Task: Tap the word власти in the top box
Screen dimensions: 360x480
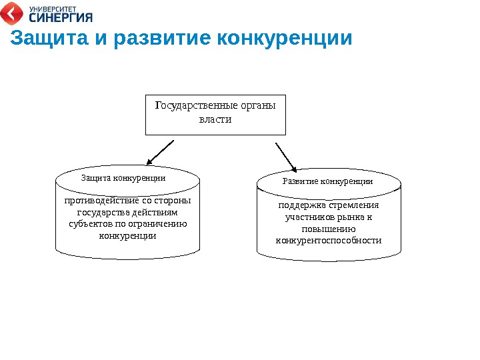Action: click(215, 120)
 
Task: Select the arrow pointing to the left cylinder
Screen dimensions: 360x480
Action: click(159, 152)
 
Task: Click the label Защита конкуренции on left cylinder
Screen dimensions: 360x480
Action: click(123, 179)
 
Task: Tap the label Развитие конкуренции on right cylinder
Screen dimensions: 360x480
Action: click(327, 181)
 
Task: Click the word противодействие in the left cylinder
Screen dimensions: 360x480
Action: click(102, 201)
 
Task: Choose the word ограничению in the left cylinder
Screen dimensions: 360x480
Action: click(155, 224)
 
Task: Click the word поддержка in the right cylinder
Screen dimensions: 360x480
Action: click(300, 205)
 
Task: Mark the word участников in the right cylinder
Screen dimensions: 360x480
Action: click(307, 217)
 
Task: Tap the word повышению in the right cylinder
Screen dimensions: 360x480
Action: click(329, 229)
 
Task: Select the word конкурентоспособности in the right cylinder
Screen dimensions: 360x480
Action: click(329, 240)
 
